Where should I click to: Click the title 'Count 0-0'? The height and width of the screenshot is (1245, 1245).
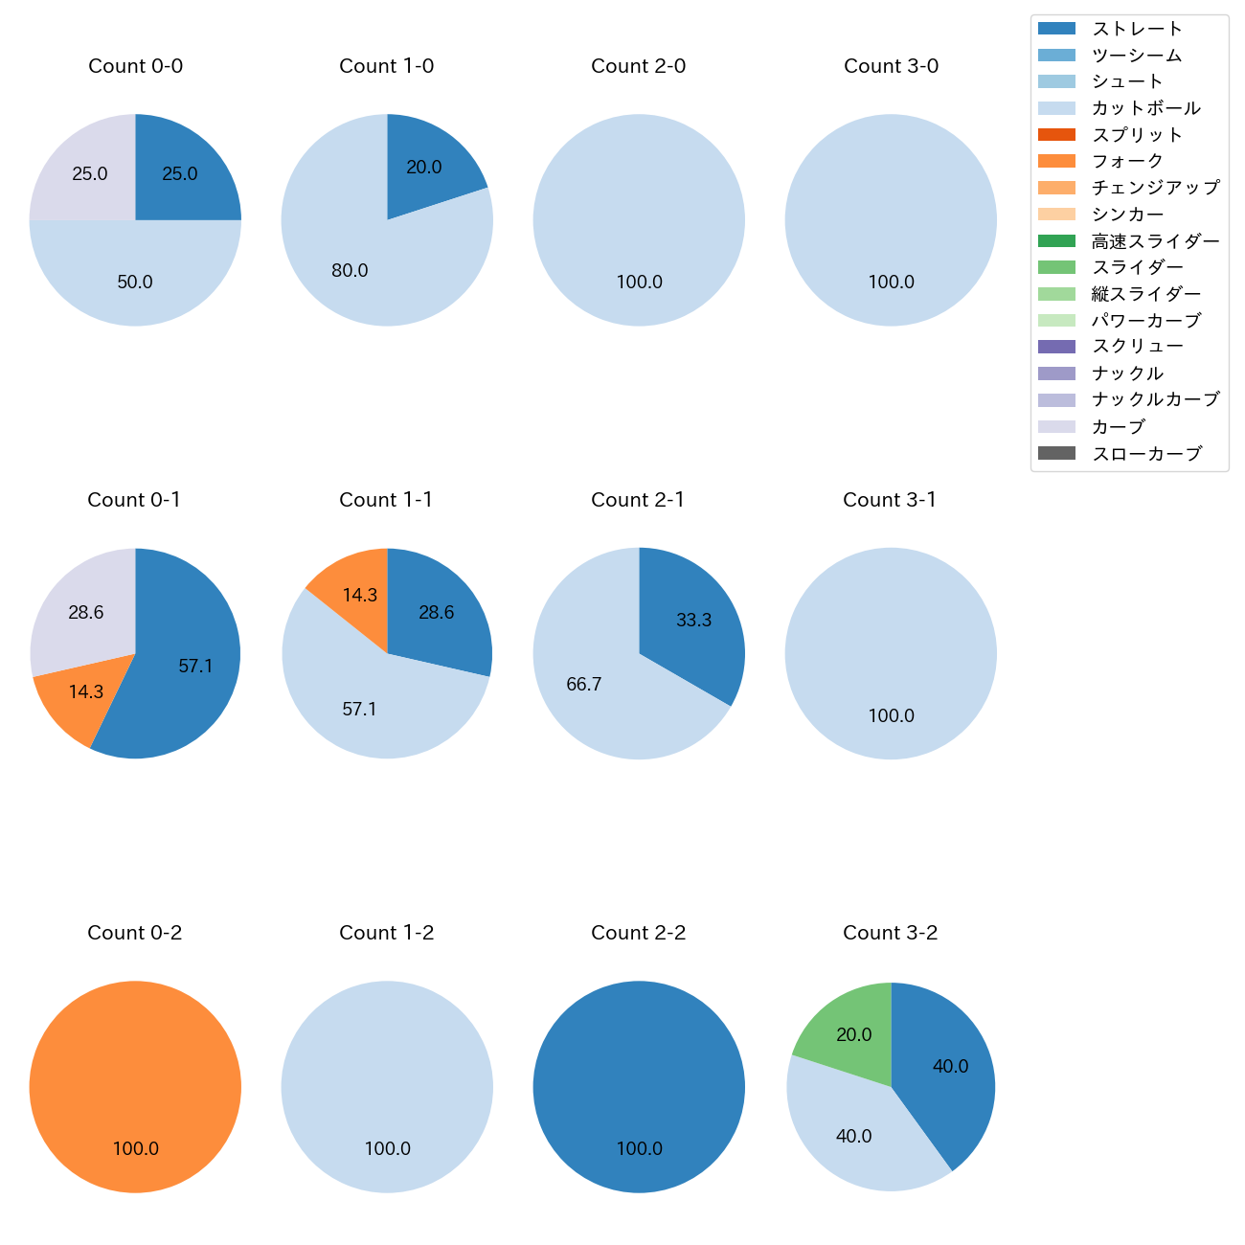[135, 66]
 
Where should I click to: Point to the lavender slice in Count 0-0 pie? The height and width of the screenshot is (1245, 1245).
[86, 172]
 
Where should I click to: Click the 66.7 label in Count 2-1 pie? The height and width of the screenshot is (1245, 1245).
[583, 685]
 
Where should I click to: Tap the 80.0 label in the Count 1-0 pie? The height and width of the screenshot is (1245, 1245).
[350, 271]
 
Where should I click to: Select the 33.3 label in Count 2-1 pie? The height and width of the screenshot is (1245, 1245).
[693, 621]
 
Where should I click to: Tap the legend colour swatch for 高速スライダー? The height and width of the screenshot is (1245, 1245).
[1056, 241]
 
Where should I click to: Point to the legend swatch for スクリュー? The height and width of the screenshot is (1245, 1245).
[1056, 347]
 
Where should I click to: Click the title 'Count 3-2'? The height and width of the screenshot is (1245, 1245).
[890, 933]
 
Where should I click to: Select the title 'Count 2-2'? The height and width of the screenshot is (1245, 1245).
[638, 933]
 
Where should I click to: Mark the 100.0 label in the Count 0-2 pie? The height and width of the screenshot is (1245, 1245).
[136, 1149]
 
